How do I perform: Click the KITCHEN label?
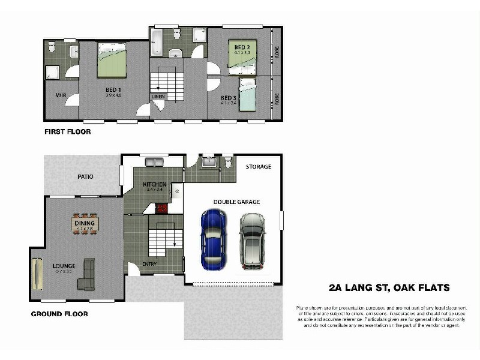[154, 184]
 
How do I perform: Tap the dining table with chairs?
[85, 224]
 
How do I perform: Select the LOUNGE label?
[63, 265]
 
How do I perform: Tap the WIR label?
[61, 95]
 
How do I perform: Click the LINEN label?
[158, 96]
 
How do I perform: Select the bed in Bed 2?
[242, 56]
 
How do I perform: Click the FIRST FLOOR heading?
[67, 131]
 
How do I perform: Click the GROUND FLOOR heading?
[59, 314]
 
